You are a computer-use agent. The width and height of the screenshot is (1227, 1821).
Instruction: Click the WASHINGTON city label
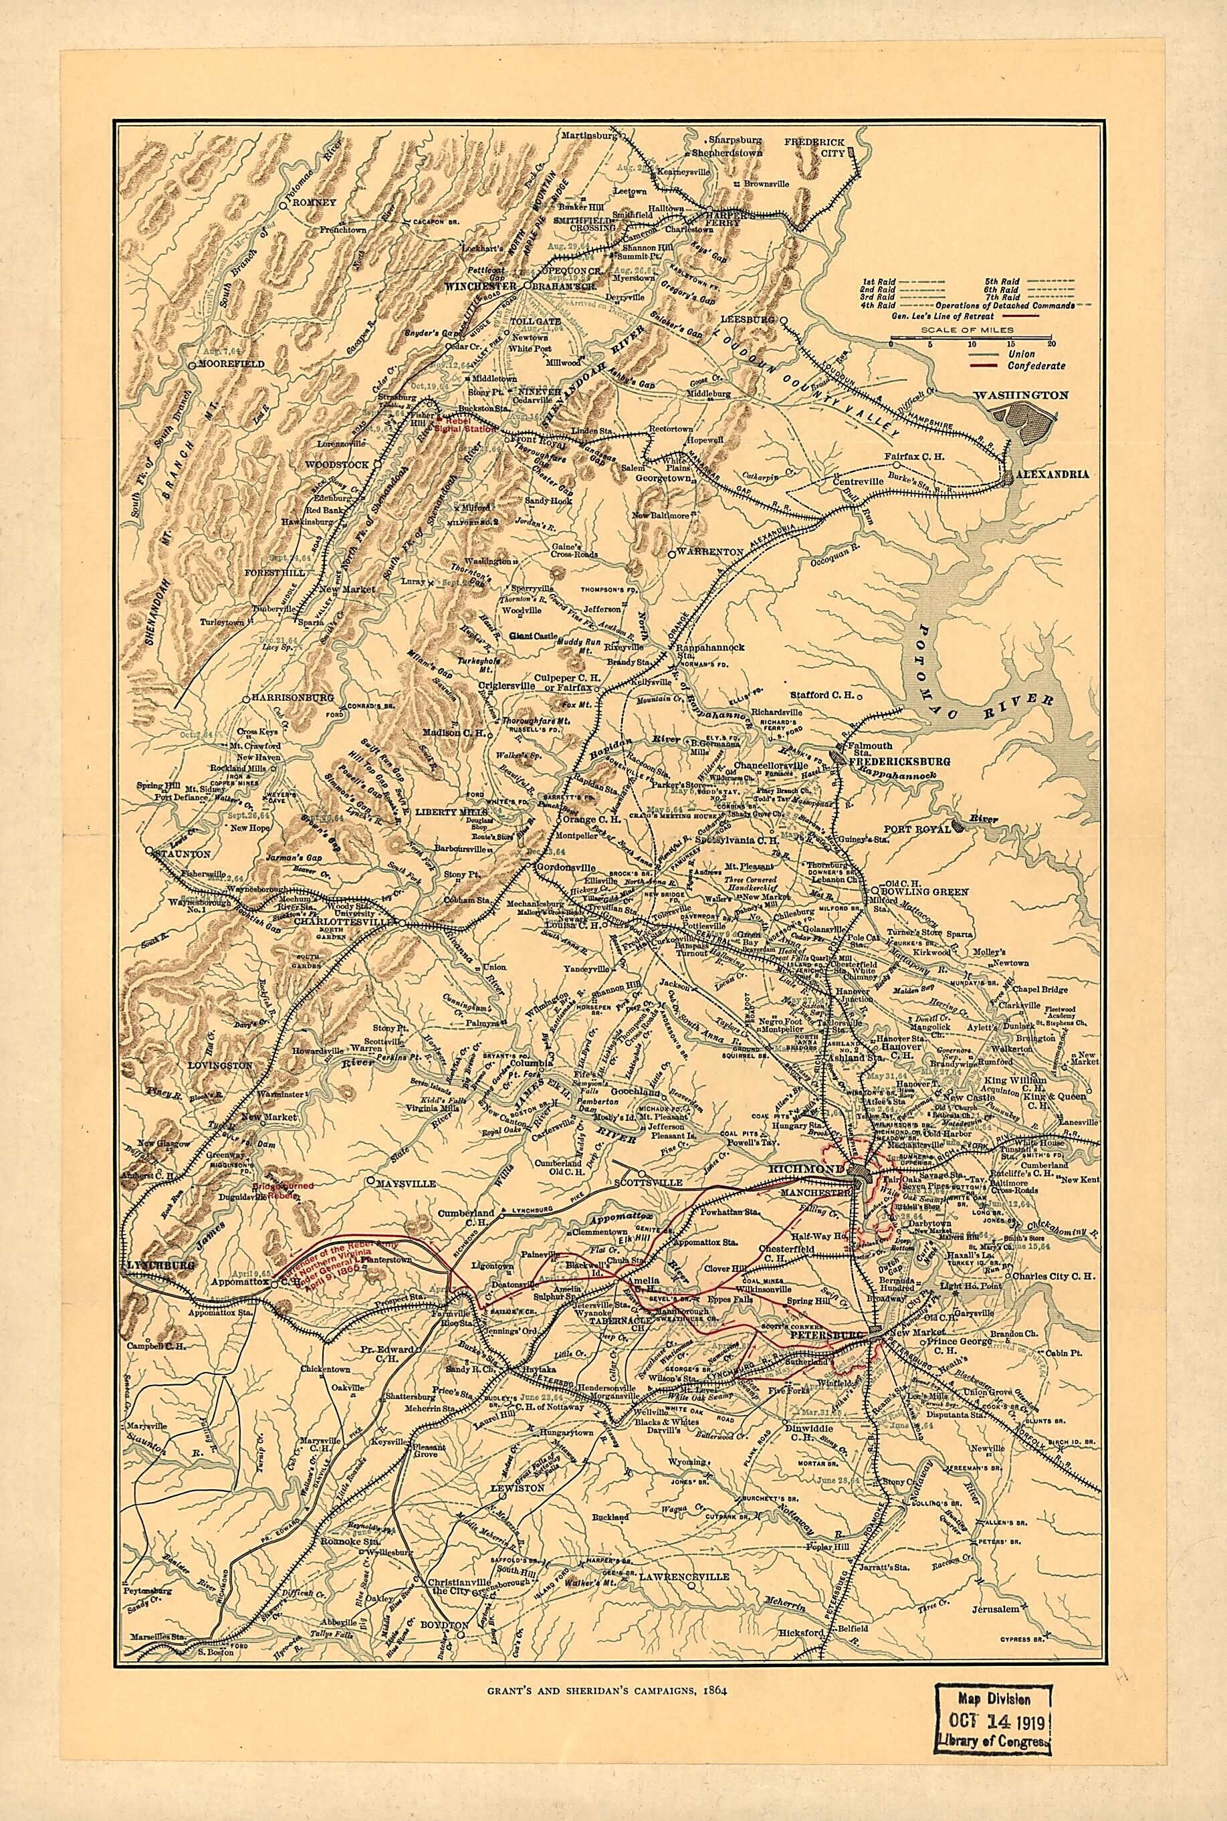click(1021, 395)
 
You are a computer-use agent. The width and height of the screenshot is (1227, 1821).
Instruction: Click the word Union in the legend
click(1021, 354)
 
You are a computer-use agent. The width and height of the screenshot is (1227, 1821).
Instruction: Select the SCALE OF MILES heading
click(974, 330)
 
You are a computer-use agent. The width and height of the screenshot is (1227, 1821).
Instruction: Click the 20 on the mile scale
click(1050, 344)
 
